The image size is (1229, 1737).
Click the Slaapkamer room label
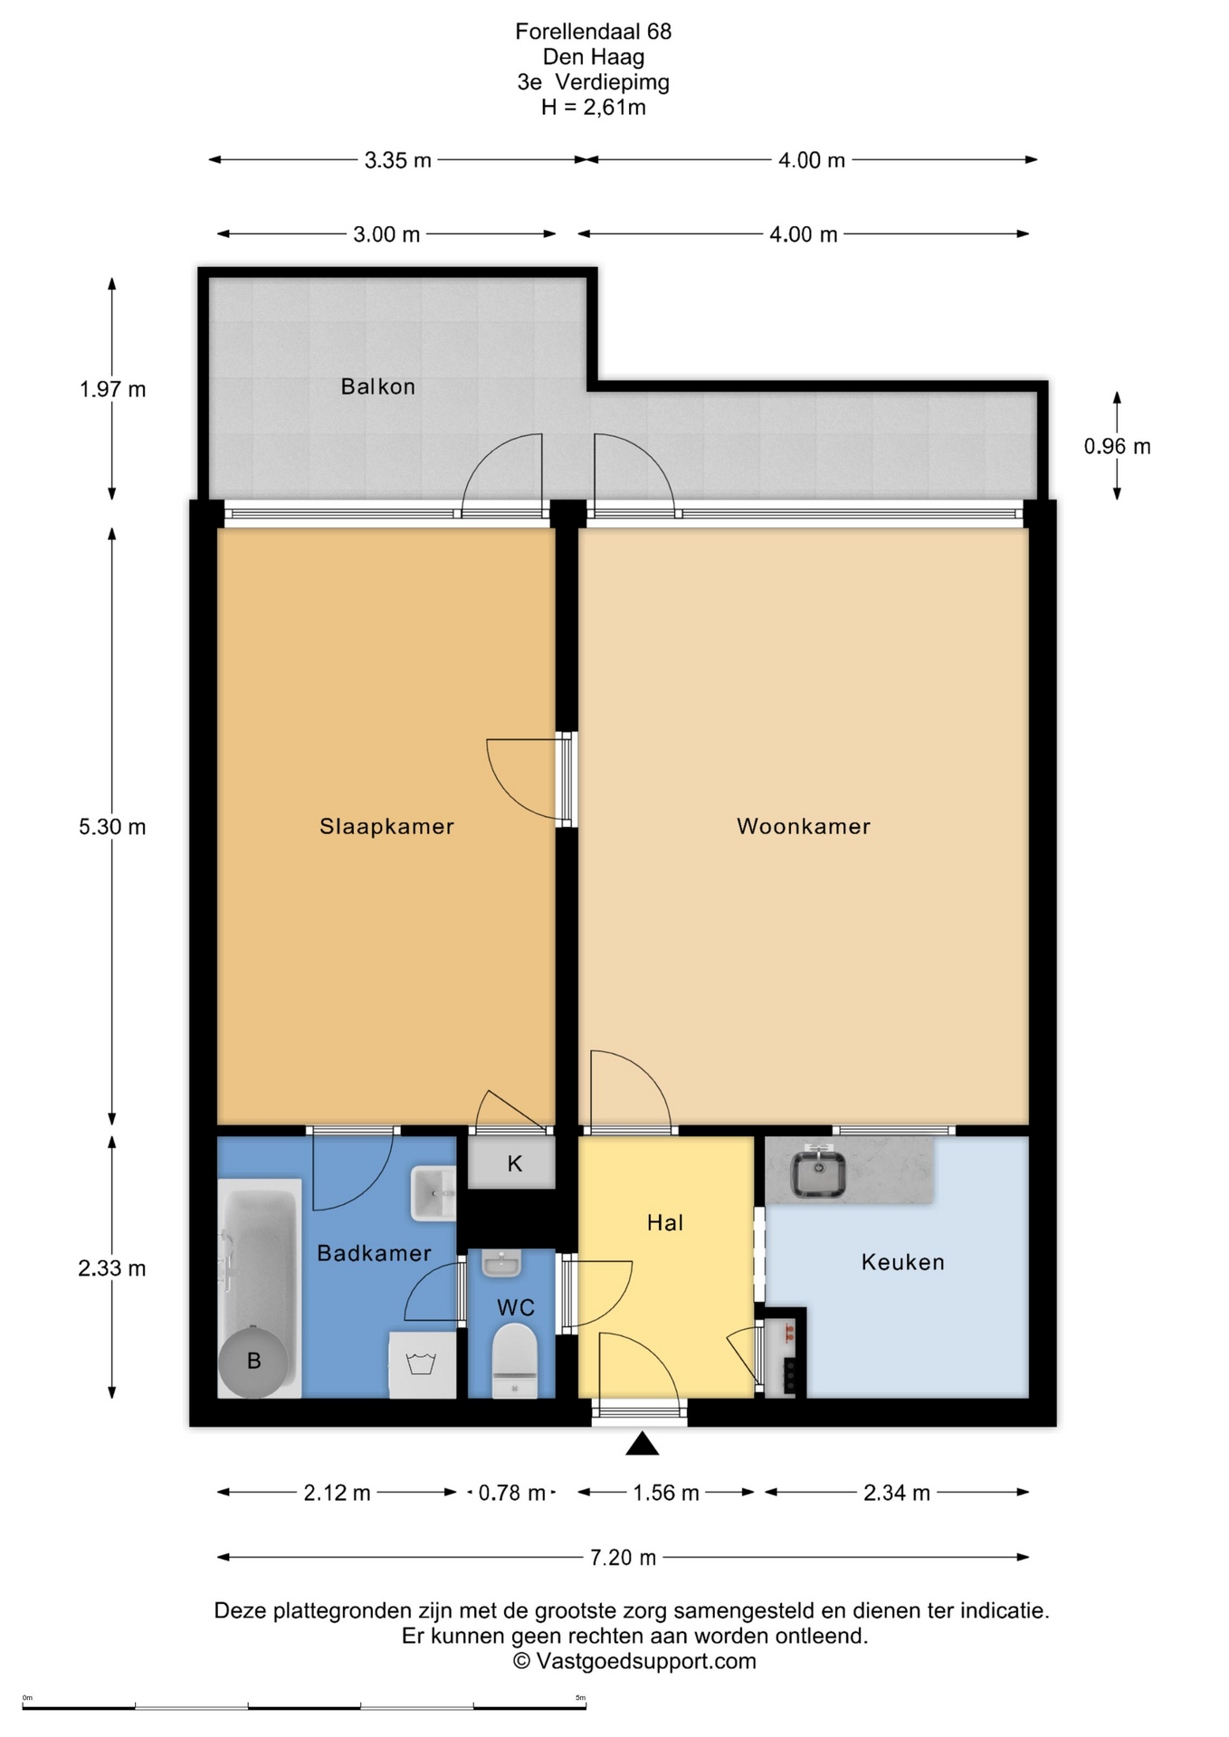click(x=386, y=826)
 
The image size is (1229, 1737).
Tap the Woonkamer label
click(x=804, y=826)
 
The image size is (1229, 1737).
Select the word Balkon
click(x=378, y=386)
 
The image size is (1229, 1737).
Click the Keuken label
click(x=902, y=1262)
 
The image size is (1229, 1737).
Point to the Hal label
click(x=665, y=1223)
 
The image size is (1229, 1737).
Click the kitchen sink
click(x=819, y=1173)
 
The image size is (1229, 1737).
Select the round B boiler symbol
click(x=253, y=1361)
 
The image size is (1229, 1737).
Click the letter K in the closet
click(x=514, y=1164)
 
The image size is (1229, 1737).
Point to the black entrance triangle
click(x=642, y=1444)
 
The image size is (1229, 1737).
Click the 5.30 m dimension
click(x=112, y=827)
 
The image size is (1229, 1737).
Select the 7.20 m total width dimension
click(x=623, y=1557)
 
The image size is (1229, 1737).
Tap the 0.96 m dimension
click(x=1117, y=446)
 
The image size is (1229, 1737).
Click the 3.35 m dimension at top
click(x=398, y=160)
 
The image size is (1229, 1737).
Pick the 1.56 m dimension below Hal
click(x=666, y=1493)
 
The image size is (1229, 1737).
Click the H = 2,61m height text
click(x=594, y=108)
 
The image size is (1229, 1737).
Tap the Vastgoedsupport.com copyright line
click(x=634, y=1661)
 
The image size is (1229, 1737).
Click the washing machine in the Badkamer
click(x=422, y=1364)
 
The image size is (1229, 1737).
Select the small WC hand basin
click(x=500, y=1263)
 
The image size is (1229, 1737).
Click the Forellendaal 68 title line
click(x=594, y=32)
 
